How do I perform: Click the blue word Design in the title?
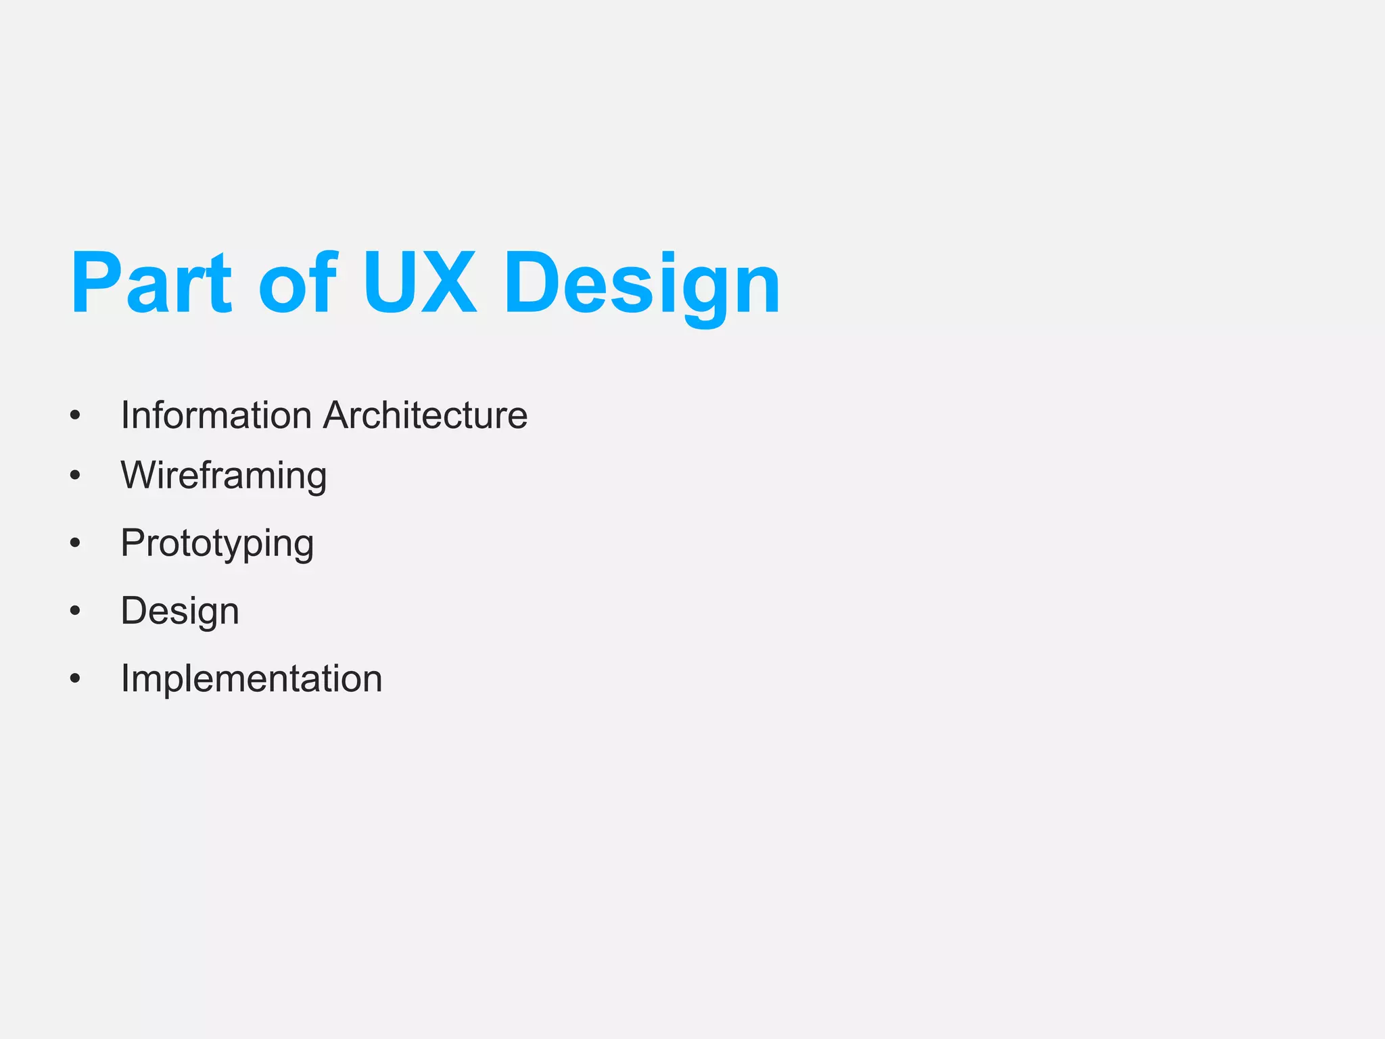[x=642, y=284]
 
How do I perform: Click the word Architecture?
[x=425, y=415]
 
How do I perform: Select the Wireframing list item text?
[x=224, y=475]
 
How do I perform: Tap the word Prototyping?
[x=217, y=543]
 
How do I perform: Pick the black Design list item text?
[x=180, y=611]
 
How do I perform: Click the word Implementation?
[x=252, y=678]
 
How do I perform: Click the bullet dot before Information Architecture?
[x=75, y=415]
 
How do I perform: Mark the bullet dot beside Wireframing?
[x=75, y=476]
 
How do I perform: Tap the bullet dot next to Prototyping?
[x=75, y=543]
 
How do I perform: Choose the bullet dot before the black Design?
[x=75, y=611]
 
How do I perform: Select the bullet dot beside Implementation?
[x=75, y=678]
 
